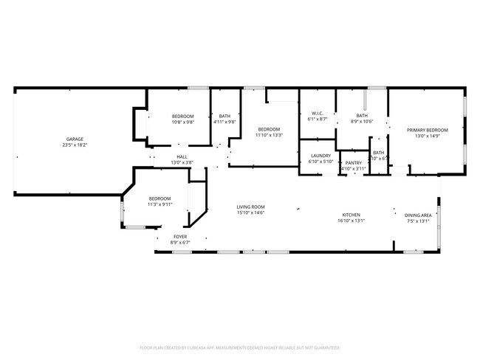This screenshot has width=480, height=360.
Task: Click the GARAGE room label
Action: point(75,139)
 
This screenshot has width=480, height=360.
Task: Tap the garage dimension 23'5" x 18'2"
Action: point(75,145)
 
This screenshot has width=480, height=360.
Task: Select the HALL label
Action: point(181,156)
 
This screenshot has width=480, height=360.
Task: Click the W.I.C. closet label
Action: point(318,113)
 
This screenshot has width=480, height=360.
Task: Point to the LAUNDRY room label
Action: point(320,156)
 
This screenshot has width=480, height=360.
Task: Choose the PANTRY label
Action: point(354,163)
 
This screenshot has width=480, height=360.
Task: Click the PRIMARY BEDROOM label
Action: point(427,130)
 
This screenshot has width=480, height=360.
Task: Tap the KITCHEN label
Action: point(352,214)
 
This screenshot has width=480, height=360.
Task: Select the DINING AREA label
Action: point(418,215)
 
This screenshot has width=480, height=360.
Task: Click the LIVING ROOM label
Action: point(250,207)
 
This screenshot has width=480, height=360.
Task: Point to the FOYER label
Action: point(180,236)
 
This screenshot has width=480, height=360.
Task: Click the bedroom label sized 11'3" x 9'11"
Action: point(160,204)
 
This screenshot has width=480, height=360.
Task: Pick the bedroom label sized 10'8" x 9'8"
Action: point(183,122)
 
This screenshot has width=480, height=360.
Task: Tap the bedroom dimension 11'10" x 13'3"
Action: point(269,135)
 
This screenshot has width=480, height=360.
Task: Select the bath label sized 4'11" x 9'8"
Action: point(224,122)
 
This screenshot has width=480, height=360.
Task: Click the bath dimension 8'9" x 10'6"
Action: point(362,122)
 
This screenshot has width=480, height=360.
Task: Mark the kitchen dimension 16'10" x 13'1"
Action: point(352,221)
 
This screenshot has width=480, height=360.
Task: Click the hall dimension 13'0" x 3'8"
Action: point(181,162)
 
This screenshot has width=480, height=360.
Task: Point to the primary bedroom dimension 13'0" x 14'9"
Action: point(427,136)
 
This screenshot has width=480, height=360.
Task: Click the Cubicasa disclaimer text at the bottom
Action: point(240,347)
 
